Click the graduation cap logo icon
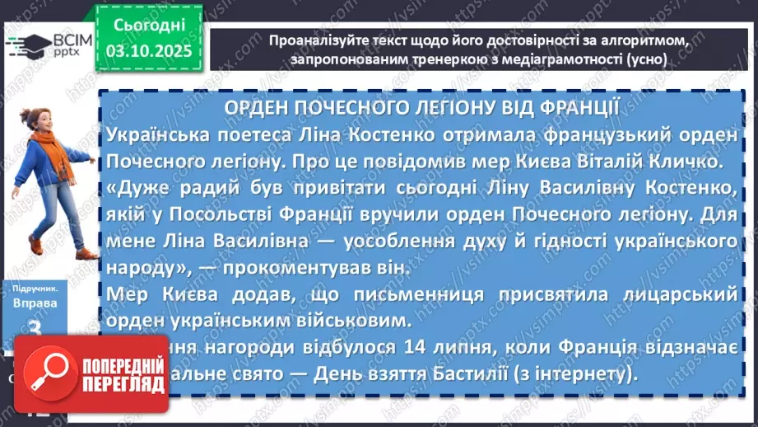coord(25,42)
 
